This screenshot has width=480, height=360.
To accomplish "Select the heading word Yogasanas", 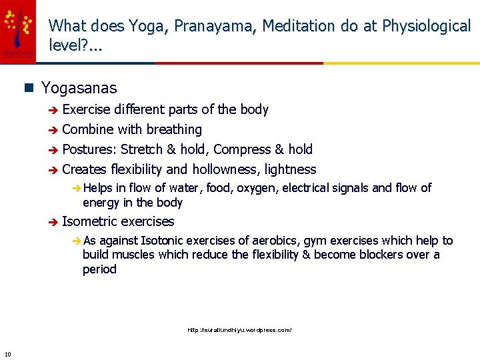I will [x=79, y=88].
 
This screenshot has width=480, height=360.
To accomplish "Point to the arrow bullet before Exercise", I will [x=53, y=110].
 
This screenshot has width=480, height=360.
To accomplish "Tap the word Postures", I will [x=89, y=149].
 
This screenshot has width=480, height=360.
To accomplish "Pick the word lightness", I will [x=290, y=169].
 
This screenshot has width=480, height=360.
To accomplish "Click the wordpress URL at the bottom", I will [x=239, y=330].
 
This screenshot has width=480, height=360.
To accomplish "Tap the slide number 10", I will [x=7, y=353].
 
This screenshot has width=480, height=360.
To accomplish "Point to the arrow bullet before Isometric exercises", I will [x=53, y=222].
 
